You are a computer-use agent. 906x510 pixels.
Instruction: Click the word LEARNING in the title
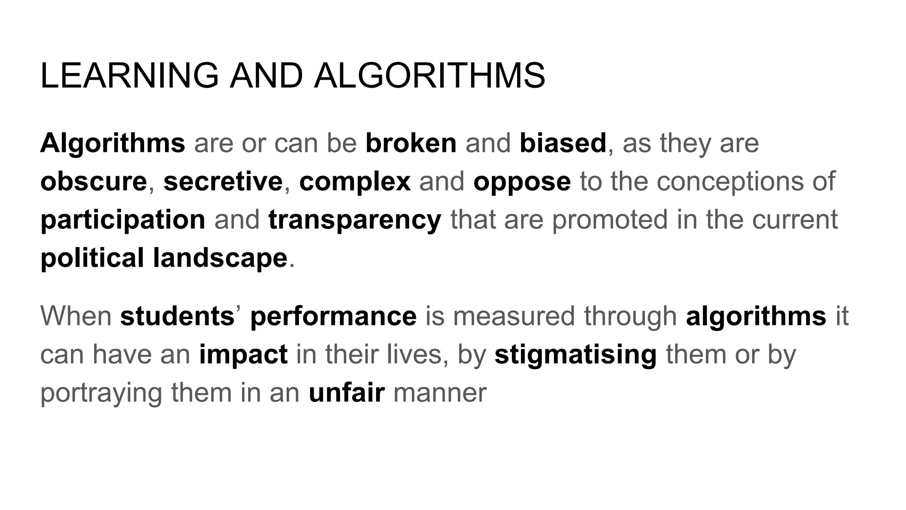click(x=129, y=76)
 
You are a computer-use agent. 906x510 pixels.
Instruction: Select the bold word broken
click(x=411, y=143)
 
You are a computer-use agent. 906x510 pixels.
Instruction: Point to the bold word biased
click(x=563, y=143)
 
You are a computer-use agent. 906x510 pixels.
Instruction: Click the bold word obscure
click(x=93, y=182)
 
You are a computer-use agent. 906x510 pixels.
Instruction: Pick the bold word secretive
click(x=223, y=182)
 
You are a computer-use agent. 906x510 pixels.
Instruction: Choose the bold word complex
click(x=355, y=182)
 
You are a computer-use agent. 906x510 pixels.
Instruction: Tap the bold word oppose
click(x=522, y=182)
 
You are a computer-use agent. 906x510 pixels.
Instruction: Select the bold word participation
click(x=123, y=220)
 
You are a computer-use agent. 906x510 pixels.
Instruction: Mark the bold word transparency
click(x=355, y=220)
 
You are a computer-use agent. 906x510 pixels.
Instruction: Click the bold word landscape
click(x=220, y=258)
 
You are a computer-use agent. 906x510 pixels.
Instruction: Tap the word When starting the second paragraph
click(x=76, y=316)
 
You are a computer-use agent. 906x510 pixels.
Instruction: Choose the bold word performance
click(x=333, y=316)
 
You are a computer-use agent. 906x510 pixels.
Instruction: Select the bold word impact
click(x=243, y=355)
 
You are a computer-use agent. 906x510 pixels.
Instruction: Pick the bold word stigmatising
click(x=576, y=355)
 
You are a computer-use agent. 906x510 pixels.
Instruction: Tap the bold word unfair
click(x=346, y=393)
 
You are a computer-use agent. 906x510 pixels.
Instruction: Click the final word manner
click(x=440, y=393)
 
